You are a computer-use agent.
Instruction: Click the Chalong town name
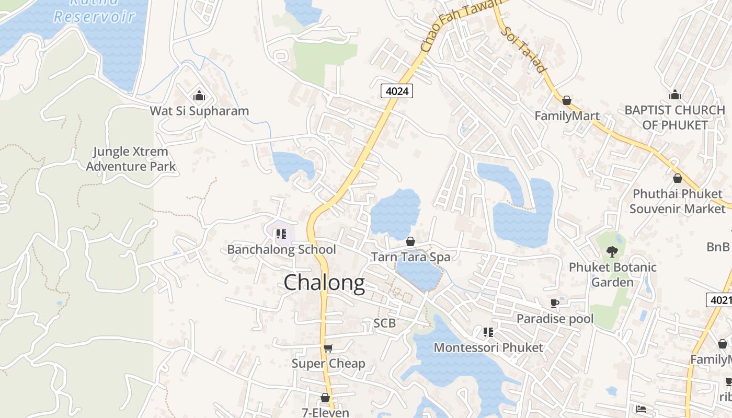point(324,283)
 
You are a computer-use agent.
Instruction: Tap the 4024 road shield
point(396,91)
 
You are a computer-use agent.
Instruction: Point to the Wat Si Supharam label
point(199,111)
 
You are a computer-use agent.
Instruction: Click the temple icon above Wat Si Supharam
point(199,96)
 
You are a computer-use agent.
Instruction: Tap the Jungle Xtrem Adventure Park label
point(131,159)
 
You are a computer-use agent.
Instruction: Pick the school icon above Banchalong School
point(281,234)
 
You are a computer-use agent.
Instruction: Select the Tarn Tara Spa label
point(410,257)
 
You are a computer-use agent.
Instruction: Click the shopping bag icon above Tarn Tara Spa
point(410,241)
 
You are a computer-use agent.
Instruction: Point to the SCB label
point(384,323)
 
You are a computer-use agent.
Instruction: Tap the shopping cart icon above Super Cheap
point(328,348)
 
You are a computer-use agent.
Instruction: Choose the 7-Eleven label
point(325,413)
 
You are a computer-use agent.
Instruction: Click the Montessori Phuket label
point(488,347)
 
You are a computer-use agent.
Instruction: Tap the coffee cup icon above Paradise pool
point(555,303)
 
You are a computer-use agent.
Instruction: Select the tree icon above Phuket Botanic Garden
point(612,252)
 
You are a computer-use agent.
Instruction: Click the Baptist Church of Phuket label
point(675,118)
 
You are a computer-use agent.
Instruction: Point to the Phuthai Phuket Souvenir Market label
point(677,201)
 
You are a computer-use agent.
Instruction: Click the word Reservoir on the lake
point(94,16)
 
